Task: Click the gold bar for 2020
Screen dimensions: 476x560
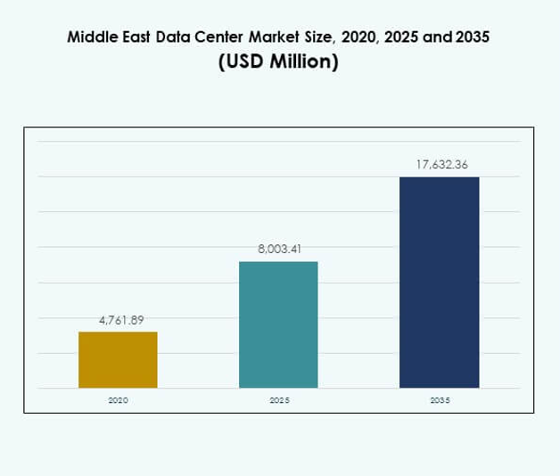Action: pyautogui.click(x=118, y=359)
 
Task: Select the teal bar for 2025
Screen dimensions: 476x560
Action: pyautogui.click(x=278, y=324)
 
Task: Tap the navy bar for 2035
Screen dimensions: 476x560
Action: pyautogui.click(x=439, y=283)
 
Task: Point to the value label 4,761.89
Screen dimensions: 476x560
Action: pyautogui.click(x=118, y=320)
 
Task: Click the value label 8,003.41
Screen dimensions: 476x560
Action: pyautogui.click(x=278, y=250)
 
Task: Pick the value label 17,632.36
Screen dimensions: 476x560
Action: pyautogui.click(x=439, y=165)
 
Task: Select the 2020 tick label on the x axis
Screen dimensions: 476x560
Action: pyautogui.click(x=118, y=401)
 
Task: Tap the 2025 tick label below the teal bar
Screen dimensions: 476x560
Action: pyautogui.click(x=278, y=401)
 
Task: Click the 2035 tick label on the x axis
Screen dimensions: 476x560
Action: pyautogui.click(x=439, y=401)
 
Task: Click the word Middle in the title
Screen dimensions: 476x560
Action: pyautogui.click(x=93, y=38)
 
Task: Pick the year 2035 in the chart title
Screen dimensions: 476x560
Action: pyautogui.click(x=471, y=38)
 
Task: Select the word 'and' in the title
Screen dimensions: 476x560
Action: pyautogui.click(x=436, y=38)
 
